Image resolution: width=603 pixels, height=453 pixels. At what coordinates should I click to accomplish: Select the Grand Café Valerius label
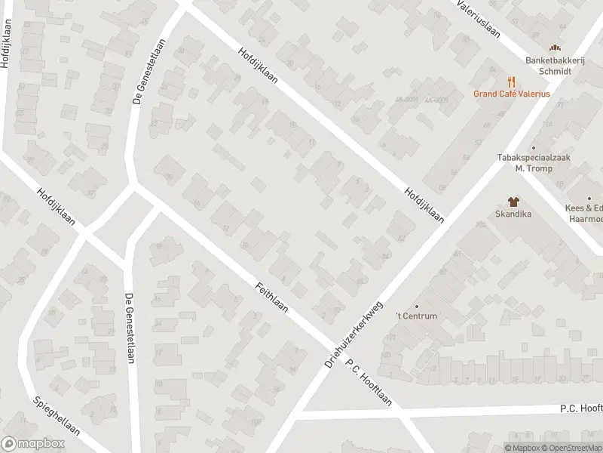[511, 94]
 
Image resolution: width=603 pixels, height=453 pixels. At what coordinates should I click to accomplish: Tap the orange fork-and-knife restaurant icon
[511, 80]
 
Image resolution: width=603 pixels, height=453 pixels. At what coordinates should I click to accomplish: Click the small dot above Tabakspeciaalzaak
[534, 148]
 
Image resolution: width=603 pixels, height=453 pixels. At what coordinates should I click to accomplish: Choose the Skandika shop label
[514, 214]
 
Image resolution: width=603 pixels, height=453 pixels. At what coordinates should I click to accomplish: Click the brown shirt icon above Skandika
[514, 202]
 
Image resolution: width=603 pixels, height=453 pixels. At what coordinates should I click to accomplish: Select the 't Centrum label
[418, 316]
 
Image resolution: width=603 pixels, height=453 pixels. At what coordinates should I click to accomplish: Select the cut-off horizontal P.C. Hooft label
[580, 408]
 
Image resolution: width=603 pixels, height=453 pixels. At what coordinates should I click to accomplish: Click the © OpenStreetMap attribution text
[571, 448]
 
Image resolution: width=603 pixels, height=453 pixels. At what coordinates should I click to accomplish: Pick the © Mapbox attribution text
[522, 448]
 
